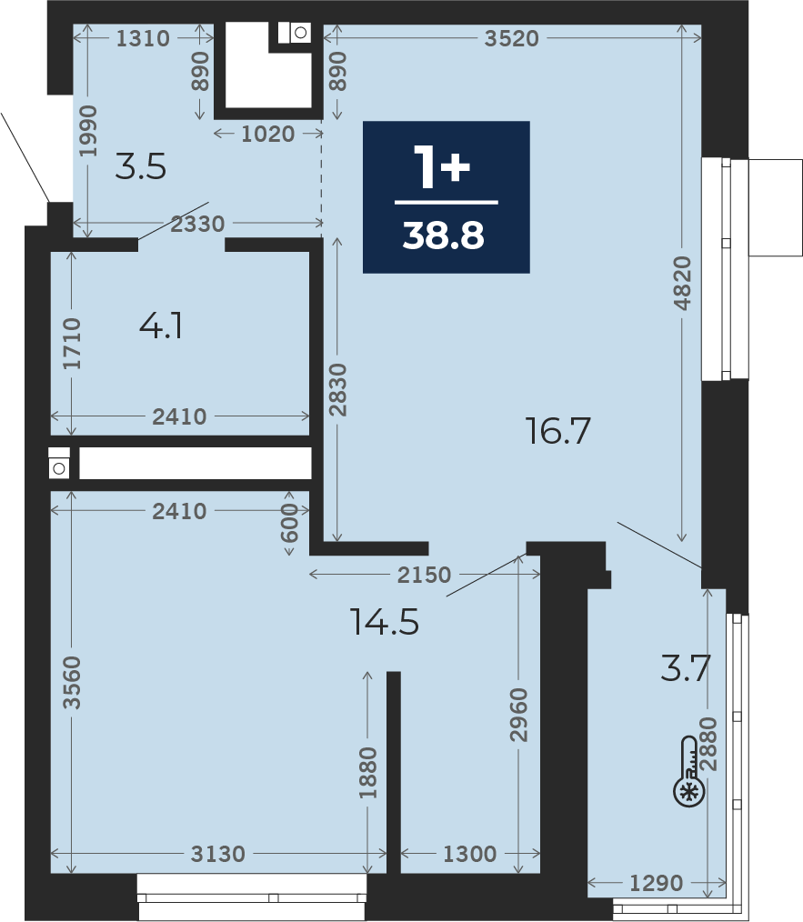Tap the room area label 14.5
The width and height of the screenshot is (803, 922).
pos(385,622)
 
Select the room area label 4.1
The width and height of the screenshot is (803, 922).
pos(161,326)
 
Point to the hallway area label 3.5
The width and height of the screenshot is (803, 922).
pos(141,166)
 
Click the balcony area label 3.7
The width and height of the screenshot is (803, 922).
pos(686,668)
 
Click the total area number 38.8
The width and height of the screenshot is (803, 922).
pos(444,236)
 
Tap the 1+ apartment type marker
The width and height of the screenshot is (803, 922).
pos(442,166)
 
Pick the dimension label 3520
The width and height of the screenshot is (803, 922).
pos(512,38)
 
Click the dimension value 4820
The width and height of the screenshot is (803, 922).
pos(682,283)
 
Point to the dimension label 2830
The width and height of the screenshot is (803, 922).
pos(337,390)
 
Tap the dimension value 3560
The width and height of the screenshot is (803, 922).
pos(72,683)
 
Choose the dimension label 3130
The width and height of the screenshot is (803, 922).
pos(217,853)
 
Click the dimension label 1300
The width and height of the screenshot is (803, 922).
pos(469,853)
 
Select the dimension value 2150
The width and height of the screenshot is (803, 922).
pos(424,575)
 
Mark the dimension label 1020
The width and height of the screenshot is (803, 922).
pos(267,134)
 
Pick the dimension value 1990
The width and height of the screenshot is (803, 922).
pos(87,131)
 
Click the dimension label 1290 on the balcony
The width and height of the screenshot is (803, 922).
pos(657,883)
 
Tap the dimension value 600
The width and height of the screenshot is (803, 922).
pos(289,523)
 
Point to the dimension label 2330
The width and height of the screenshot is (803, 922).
pos(197,224)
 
